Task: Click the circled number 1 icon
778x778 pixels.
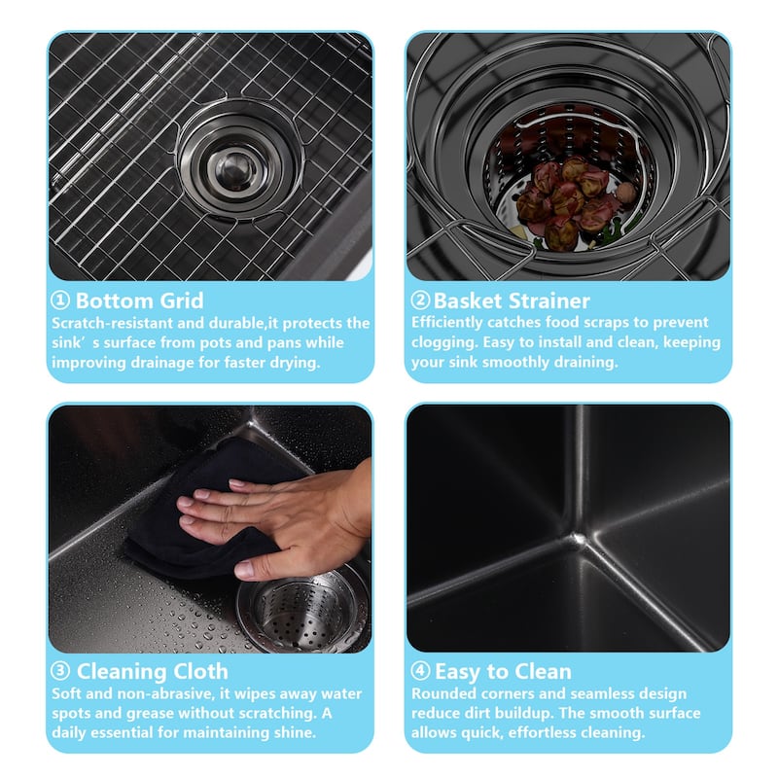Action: pos(60,301)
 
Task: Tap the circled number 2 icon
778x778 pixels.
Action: pos(420,301)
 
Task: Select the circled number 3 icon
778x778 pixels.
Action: pos(60,671)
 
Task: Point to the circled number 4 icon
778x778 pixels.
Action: pos(420,671)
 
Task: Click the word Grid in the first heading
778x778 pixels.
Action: pos(182,301)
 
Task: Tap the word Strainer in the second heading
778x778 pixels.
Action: pos(549,301)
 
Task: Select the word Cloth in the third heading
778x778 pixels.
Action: pos(201,671)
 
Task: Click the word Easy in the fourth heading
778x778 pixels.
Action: pos(457,672)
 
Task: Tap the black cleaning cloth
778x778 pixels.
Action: pos(203,512)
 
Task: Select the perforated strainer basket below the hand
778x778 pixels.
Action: pos(303,612)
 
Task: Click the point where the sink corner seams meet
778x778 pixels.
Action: pos(578,539)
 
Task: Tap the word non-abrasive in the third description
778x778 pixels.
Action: pos(164,693)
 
